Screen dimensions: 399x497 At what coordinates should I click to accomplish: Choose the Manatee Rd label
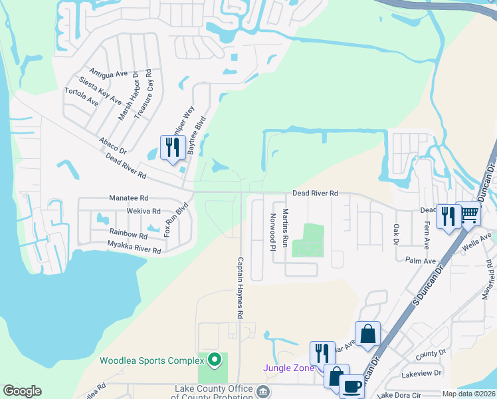pos(129,198)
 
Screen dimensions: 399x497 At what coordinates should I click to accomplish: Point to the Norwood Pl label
pos(272,232)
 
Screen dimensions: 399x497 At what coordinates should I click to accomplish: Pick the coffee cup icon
pos(351,386)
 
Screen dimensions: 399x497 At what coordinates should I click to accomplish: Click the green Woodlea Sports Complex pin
pos(214,360)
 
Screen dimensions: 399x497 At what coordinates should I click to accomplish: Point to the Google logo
pos(22,391)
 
